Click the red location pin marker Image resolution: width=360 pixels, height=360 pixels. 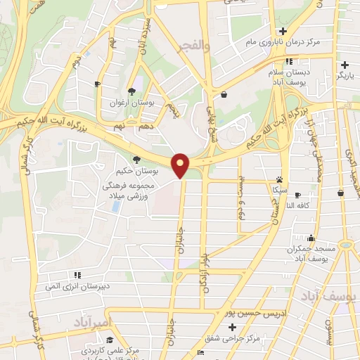click(x=181, y=165)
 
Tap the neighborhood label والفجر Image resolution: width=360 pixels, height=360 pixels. click(x=195, y=47)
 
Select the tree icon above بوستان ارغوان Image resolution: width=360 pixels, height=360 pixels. click(x=131, y=91)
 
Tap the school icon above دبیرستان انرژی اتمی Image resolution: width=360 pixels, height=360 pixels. click(x=77, y=275)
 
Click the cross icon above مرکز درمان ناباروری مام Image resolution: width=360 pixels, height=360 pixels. click(x=283, y=31)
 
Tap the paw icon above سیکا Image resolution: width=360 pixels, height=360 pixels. click(x=281, y=179)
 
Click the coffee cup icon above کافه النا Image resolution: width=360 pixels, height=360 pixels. click(x=298, y=195)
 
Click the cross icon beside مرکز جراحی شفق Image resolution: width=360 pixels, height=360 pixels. click(x=232, y=328)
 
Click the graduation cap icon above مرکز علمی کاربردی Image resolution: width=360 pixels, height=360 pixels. click(x=110, y=340)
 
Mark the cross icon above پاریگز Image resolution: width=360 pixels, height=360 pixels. click(x=345, y=65)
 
